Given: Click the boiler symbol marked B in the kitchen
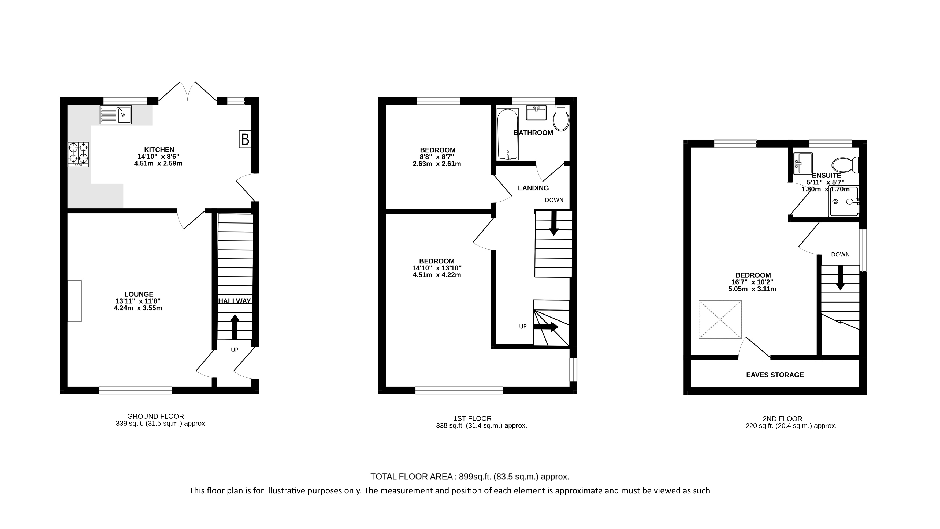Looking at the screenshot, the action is click(x=245, y=139).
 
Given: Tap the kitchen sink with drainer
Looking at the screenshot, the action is click(x=116, y=115).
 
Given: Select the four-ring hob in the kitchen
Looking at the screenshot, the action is click(x=78, y=154).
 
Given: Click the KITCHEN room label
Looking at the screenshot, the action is click(x=159, y=149).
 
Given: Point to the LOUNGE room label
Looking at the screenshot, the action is click(x=139, y=294).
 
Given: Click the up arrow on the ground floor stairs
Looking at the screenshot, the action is click(x=235, y=326).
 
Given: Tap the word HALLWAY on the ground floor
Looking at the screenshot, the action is click(x=235, y=301).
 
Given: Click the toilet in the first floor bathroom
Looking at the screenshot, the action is click(x=561, y=118).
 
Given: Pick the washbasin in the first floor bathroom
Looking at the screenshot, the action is click(x=536, y=113).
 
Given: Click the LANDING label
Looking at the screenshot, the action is click(x=533, y=188).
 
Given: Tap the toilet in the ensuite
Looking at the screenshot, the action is click(x=844, y=165).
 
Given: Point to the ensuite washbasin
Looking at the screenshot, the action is click(x=803, y=163).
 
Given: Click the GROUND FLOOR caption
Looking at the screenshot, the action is click(x=155, y=416).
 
